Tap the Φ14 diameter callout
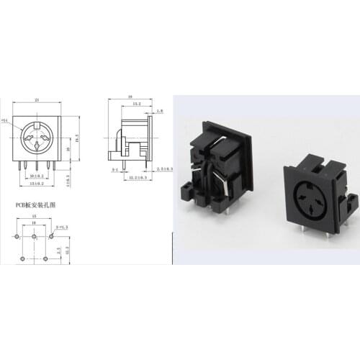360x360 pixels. (x=6, y=121)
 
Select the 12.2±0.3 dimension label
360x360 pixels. (x=138, y=177)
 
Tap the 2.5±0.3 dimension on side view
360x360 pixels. (x=166, y=168)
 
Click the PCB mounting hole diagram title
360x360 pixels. (x=35, y=204)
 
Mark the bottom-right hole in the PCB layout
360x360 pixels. (x=45, y=257)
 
